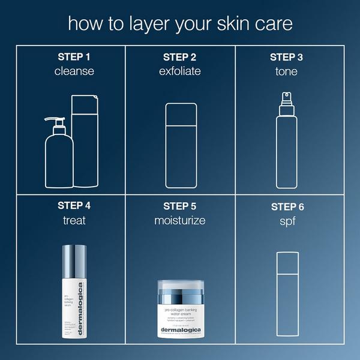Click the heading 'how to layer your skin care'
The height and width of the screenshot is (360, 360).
(x=180, y=23)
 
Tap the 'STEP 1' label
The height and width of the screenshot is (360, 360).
(x=74, y=57)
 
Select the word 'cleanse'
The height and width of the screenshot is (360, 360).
(x=74, y=71)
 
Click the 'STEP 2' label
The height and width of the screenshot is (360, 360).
(x=180, y=57)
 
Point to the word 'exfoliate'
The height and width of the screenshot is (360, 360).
(x=180, y=71)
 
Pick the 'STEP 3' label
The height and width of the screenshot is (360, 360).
(x=287, y=57)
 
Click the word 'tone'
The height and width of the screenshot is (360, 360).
(x=287, y=71)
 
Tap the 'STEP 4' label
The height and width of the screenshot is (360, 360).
(x=74, y=205)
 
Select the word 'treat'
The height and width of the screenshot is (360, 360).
(x=74, y=220)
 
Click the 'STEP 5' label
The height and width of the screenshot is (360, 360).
(x=180, y=205)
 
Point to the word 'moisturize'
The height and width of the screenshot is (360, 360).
(x=180, y=220)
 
